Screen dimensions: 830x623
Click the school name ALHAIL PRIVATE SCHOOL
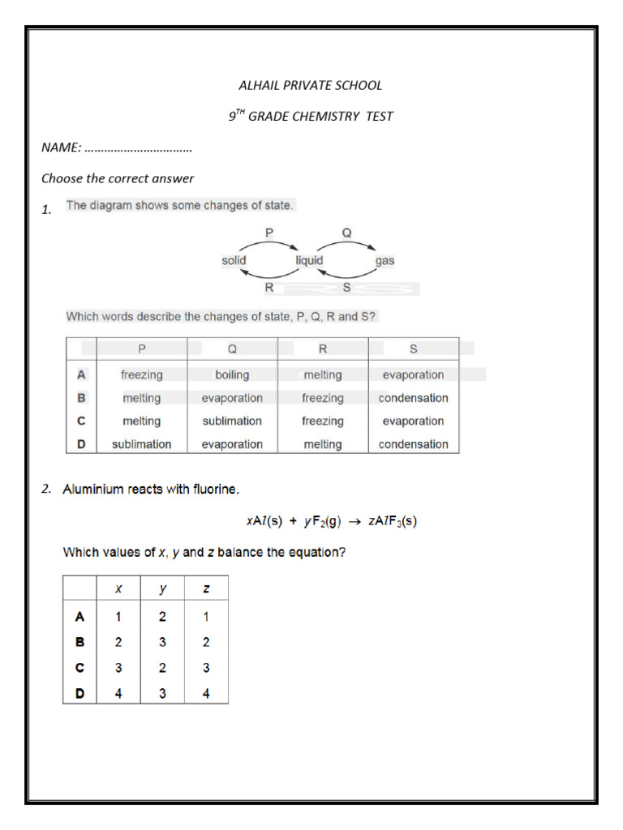coord(311,85)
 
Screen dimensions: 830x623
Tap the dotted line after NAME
coord(138,148)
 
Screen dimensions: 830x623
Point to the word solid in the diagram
coord(234,260)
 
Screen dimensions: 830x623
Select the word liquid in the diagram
coord(309,260)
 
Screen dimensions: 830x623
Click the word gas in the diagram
coord(385,261)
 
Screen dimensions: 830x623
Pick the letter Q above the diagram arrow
coord(346,232)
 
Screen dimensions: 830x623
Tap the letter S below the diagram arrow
coord(346,287)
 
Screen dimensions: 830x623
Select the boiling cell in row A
coord(232,375)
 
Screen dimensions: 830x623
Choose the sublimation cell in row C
coord(232,421)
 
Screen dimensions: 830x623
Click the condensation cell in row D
coord(413,444)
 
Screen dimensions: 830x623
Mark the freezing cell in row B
coord(323,398)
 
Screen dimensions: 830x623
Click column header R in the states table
coord(323,349)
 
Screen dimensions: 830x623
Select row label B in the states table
coord(81,398)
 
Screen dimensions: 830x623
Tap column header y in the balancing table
coord(162,588)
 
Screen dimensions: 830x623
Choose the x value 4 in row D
coord(118,693)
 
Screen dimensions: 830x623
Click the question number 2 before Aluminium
coord(47,489)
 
